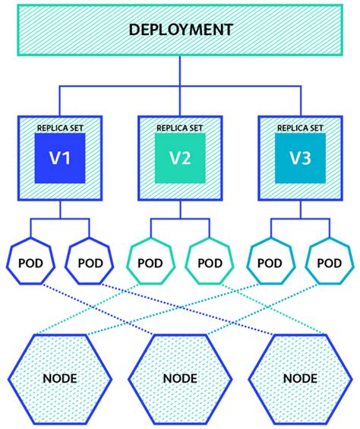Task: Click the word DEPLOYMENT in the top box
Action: tap(180, 30)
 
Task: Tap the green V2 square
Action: tap(180, 160)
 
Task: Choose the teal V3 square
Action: tap(300, 160)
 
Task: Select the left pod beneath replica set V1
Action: tap(31, 263)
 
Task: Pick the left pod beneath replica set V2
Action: tap(150, 263)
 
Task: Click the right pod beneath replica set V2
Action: tap(210, 263)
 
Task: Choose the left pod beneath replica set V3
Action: tap(270, 263)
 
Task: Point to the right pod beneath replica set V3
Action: tap(329, 263)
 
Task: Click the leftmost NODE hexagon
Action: tap(60, 377)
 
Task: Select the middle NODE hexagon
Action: tap(180, 377)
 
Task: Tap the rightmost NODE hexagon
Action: tap(300, 377)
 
